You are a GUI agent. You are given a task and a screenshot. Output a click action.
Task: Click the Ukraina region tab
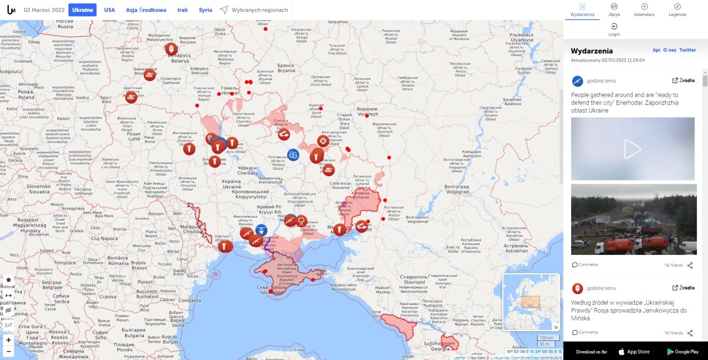click(x=83, y=10)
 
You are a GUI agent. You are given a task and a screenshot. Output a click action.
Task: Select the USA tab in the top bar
click(x=110, y=10)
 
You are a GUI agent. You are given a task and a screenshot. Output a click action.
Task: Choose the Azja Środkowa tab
click(x=146, y=10)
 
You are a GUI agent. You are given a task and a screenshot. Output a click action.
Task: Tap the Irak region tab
click(x=183, y=10)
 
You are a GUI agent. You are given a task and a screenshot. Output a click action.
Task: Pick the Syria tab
click(x=205, y=10)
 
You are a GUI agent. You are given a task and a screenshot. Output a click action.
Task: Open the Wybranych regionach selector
click(x=254, y=10)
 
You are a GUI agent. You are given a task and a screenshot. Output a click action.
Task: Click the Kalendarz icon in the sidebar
click(x=644, y=9)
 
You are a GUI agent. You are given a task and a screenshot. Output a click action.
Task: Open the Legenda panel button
click(x=677, y=9)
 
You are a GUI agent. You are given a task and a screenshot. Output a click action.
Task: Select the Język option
click(x=614, y=9)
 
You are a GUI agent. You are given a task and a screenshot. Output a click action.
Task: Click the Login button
click(x=614, y=30)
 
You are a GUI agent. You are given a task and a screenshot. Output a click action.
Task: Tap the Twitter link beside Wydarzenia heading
click(x=687, y=50)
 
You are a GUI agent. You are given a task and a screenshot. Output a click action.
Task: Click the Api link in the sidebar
click(x=656, y=50)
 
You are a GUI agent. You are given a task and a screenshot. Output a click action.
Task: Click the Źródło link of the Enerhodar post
click(x=683, y=80)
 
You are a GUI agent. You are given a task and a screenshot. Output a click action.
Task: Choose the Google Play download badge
click(x=683, y=352)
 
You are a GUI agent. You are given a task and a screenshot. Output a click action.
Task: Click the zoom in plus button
click(x=8, y=340)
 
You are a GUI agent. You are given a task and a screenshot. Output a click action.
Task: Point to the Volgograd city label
click(x=457, y=192)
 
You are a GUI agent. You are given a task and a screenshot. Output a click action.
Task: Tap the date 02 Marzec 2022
click(x=44, y=10)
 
